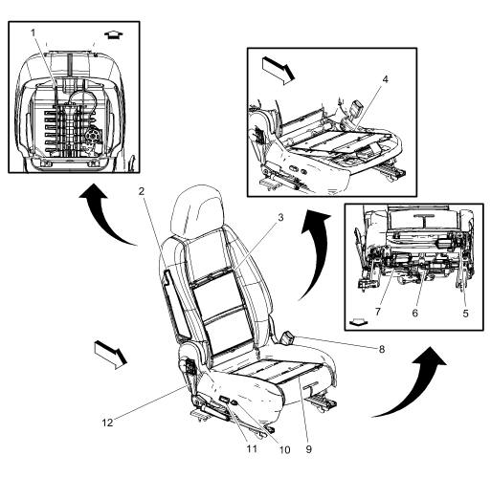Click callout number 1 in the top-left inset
33,33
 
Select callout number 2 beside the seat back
141,191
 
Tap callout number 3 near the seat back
280,217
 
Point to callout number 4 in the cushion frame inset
386,79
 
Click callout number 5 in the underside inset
465,314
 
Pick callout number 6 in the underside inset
414,313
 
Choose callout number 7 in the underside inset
378,312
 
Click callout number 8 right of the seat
382,349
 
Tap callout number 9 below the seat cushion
308,449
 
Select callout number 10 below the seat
284,450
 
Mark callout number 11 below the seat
252,449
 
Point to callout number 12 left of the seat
107,423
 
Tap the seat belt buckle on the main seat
286,337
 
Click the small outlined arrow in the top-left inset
114,34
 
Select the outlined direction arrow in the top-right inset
278,71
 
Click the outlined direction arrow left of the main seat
111,355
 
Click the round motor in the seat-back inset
93,135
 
